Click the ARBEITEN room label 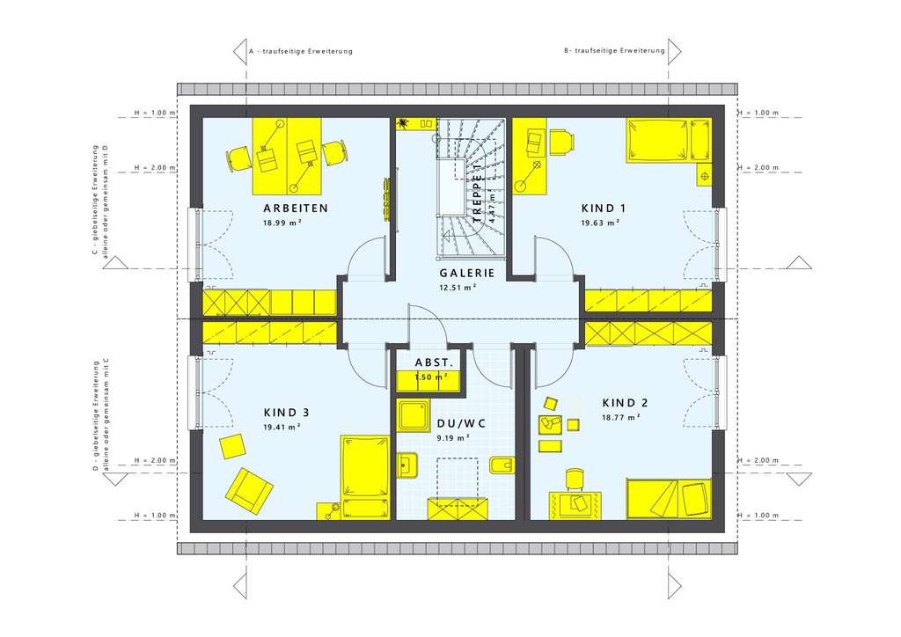(296, 209)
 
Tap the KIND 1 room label (604, 209)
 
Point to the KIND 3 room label (287, 412)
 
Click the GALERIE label (467, 273)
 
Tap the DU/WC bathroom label (461, 424)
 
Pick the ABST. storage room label (434, 362)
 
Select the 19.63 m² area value (601, 223)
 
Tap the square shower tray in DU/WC (413, 416)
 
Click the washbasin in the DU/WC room (407, 465)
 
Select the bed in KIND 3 (365, 476)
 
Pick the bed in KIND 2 (668, 499)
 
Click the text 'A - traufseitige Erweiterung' (301, 51)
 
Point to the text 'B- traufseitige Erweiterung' (614, 51)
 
